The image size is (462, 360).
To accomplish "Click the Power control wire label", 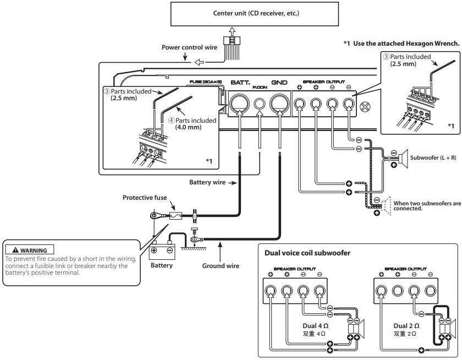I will click(x=189, y=47).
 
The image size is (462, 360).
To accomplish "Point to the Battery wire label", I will click(x=207, y=182).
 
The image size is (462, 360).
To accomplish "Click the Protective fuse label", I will click(x=145, y=198).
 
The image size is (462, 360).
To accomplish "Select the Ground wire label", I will click(x=221, y=266).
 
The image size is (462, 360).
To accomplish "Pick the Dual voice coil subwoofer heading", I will click(x=307, y=253).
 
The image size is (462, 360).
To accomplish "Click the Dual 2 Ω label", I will click(x=408, y=325).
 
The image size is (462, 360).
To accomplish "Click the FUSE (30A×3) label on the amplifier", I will click(x=206, y=82).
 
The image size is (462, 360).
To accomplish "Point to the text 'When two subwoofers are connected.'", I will click(x=427, y=206).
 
